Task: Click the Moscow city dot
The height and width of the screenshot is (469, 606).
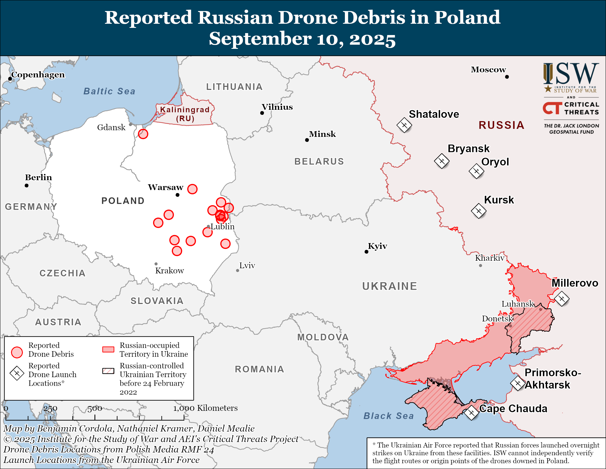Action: point(507,77)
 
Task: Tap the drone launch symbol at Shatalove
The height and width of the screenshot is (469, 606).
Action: point(404,125)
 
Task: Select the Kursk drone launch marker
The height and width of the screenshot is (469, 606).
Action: point(479,211)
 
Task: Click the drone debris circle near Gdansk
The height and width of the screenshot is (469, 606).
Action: point(143,134)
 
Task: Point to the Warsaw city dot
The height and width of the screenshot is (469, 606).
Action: point(178,195)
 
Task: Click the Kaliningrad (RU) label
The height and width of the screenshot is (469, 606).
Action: point(185,114)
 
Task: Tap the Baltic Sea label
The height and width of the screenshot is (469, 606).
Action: point(109,91)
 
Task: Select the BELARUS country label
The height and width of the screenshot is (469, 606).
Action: point(319,161)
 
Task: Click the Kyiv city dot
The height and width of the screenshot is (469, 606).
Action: point(367,252)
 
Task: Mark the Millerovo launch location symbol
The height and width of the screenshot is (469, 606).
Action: point(562,299)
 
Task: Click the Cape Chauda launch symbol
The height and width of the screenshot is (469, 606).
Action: point(471,413)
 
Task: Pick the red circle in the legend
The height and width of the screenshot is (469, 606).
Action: point(17,352)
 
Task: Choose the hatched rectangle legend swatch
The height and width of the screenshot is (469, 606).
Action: point(108,371)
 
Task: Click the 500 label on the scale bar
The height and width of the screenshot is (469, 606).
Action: point(94,408)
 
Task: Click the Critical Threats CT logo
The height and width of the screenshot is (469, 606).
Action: point(552,108)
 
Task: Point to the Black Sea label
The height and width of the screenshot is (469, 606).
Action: point(388,416)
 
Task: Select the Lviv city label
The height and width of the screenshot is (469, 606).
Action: point(247,265)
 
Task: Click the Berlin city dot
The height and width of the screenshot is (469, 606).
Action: point(27,185)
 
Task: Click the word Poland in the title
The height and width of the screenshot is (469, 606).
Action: point(467,17)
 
